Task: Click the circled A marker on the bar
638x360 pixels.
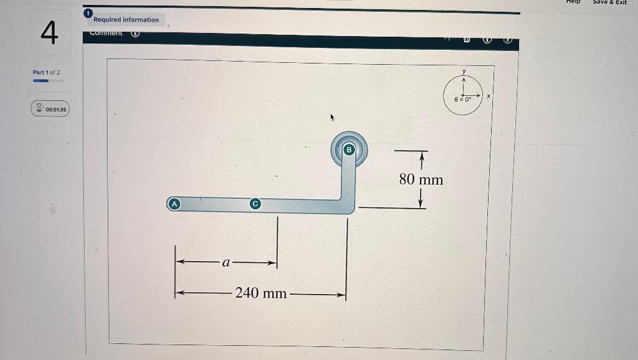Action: coord(174,204)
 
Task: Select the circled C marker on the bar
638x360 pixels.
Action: coord(254,204)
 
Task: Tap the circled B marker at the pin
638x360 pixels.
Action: coord(349,149)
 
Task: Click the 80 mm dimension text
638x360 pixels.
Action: coord(421,180)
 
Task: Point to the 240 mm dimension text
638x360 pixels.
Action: coord(261,293)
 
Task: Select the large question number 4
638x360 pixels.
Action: coord(49,33)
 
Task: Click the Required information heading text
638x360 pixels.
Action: coord(126,20)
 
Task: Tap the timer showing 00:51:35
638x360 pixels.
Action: coord(56,109)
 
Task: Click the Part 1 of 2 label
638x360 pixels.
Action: coord(47,72)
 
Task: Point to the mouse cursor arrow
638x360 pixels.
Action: coord(333,116)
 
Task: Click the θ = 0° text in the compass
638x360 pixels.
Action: coord(462,99)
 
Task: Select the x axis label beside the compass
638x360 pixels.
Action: coord(489,97)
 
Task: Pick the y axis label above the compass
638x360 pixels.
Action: coord(464,73)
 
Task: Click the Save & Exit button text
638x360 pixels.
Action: coord(609,2)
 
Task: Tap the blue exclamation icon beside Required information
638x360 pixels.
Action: coord(88,13)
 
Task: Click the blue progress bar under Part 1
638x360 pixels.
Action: coord(41,80)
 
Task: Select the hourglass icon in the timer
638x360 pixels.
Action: coord(39,109)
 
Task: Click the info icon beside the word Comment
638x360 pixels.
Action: coord(135,34)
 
